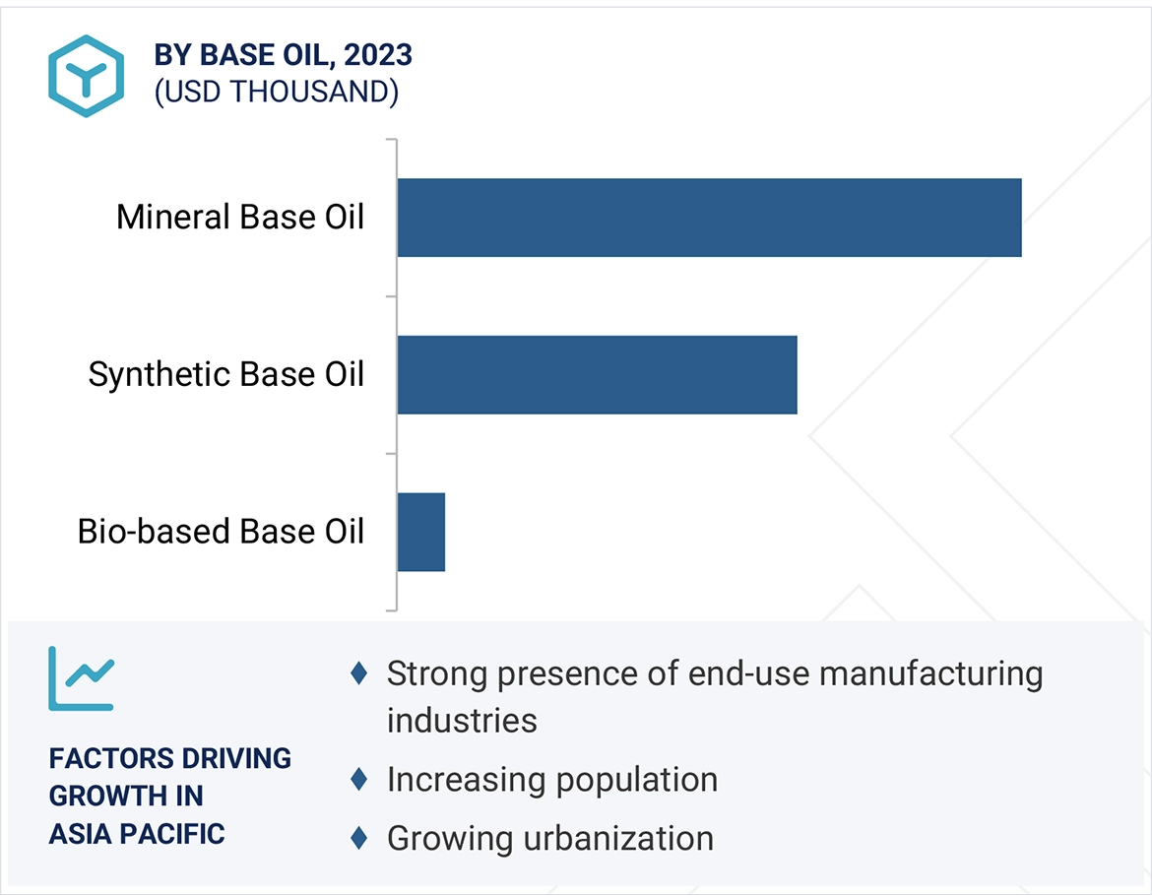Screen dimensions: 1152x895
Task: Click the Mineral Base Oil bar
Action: coord(709,218)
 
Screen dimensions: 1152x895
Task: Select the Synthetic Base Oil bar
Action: coord(598,375)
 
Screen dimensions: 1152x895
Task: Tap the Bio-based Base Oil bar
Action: coord(421,532)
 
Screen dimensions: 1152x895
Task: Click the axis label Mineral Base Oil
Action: coord(240,218)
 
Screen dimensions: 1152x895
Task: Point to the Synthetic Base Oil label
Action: coord(226,375)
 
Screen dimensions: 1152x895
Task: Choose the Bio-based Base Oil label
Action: coord(222,532)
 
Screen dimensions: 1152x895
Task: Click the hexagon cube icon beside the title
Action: coord(86,76)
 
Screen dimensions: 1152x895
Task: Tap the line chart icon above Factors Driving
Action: coord(82,679)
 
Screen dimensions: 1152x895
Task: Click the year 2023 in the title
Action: coord(378,55)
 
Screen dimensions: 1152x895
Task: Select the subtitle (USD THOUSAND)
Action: coord(277,92)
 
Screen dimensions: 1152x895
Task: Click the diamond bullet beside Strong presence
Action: coord(359,673)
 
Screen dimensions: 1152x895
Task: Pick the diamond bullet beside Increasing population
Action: coord(359,779)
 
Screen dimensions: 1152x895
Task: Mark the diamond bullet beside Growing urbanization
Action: coord(359,838)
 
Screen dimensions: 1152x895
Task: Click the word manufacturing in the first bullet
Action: coord(930,674)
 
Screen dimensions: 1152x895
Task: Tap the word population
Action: coord(636,781)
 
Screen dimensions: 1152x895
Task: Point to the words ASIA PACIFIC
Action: coord(137,834)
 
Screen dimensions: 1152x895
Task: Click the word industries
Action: coord(462,721)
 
